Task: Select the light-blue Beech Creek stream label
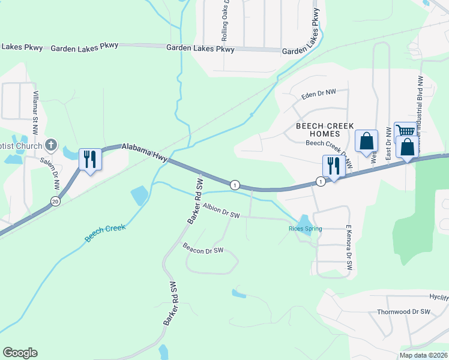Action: (105, 232)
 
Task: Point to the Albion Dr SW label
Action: (221, 211)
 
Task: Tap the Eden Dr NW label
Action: (319, 93)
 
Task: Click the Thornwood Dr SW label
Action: (404, 312)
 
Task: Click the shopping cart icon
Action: (405, 131)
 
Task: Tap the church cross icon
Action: (52, 145)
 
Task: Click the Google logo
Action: (20, 353)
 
